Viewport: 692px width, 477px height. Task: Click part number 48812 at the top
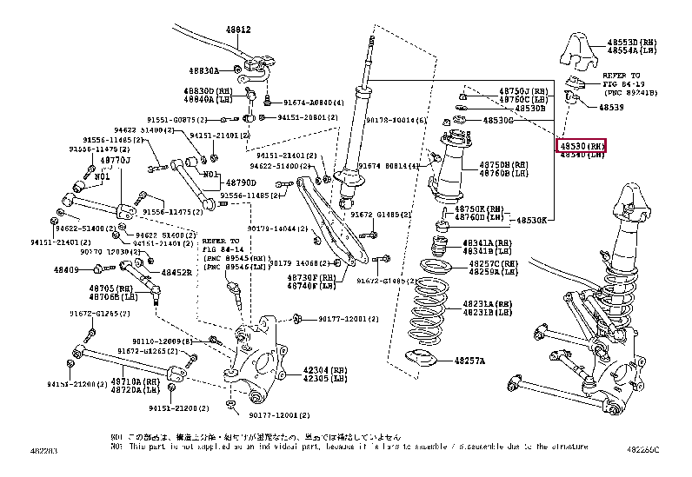click(238, 30)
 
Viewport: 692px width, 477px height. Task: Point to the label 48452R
click(176, 271)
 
